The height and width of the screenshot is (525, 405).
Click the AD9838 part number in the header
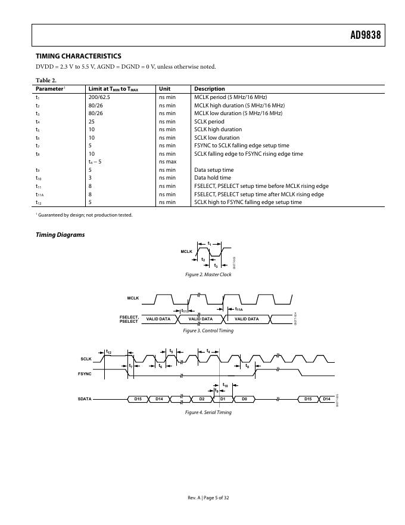364,36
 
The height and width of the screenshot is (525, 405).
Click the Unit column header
165,89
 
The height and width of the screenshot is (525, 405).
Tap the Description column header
210,89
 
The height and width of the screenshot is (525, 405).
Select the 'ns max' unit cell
167,162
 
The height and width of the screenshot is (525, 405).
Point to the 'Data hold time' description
213,178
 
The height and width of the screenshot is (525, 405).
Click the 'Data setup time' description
214,169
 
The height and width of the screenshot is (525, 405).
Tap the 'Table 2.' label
46,80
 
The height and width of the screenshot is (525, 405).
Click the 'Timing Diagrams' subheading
60,234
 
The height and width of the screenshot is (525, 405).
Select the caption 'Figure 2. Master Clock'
208,274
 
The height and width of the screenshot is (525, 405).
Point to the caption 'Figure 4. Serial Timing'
208,412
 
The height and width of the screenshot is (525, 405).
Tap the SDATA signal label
85,399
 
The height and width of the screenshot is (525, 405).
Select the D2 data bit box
202,399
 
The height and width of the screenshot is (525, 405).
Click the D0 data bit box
244,399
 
